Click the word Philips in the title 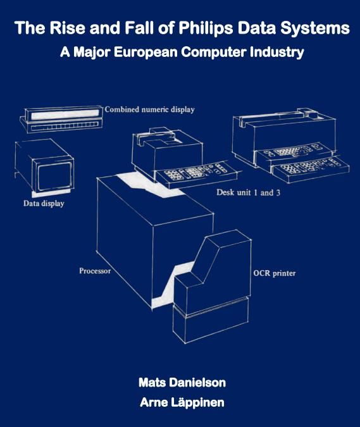206,28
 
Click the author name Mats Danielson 182,383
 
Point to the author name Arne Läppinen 182,402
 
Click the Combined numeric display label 149,109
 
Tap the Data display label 44,204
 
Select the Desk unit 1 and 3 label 248,192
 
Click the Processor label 95,271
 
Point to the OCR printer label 274,273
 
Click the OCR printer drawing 212,287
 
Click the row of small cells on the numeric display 65,127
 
